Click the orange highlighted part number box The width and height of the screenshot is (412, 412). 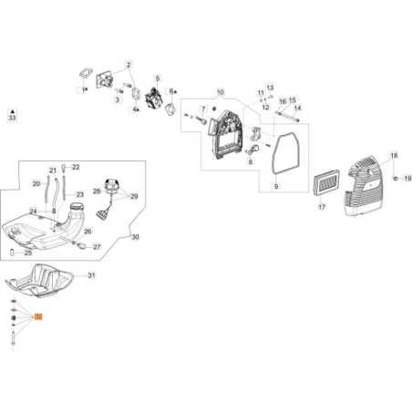37,316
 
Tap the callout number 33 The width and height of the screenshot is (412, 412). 11,118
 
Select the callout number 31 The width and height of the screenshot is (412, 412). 91,275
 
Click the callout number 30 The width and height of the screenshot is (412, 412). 135,237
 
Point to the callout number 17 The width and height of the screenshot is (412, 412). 321,208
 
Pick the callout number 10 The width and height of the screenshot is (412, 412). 220,93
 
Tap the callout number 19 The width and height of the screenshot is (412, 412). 407,179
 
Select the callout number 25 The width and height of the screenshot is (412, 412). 29,252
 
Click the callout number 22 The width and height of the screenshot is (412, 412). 76,167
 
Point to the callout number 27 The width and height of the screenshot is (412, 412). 98,246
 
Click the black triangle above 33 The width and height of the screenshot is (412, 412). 11,108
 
